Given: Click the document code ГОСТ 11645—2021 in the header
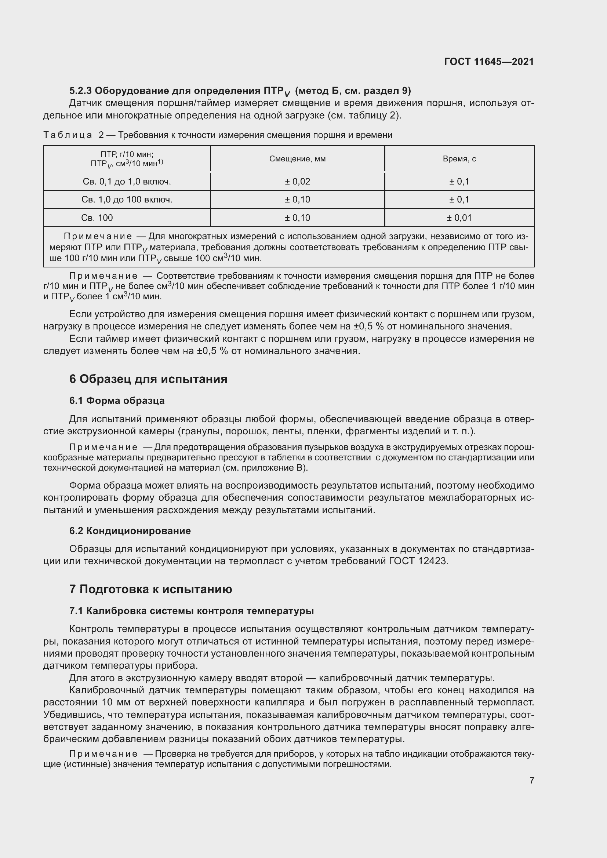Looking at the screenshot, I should [x=489, y=62].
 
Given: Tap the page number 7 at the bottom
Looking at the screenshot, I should [x=531, y=780].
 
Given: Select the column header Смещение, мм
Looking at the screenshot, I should [x=297, y=159].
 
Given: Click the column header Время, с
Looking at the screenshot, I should [x=459, y=159].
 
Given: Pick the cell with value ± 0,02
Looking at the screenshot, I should [x=297, y=182].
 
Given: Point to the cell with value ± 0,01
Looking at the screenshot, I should [x=459, y=218].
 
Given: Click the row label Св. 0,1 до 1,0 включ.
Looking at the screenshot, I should [x=127, y=182].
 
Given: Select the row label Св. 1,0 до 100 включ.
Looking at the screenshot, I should [x=127, y=200].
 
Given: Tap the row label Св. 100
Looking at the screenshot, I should [x=97, y=218].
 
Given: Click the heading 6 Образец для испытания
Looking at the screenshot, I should [x=148, y=379].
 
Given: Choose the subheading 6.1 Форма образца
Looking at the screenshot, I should [x=117, y=401].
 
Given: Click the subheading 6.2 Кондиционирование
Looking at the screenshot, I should [x=130, y=531].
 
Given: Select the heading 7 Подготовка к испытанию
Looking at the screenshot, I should [x=150, y=589].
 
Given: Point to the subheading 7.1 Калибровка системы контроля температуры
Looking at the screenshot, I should [x=191, y=611].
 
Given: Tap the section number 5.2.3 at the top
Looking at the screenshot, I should [x=80, y=91].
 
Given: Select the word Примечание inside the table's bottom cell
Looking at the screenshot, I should [x=98, y=237].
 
